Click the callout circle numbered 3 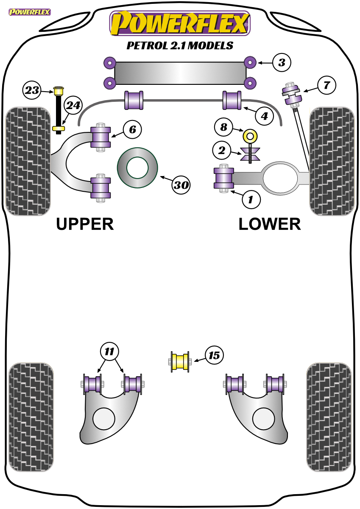(x=282, y=62)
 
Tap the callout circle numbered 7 (x=327, y=85)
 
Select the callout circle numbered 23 (x=32, y=90)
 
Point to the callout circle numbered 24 (x=73, y=105)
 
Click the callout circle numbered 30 (x=181, y=185)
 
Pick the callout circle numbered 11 (x=109, y=352)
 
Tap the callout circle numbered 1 (x=251, y=199)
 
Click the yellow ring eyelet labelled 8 (x=250, y=136)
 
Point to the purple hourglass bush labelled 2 (x=250, y=154)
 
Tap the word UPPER (x=85, y=224)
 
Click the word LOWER (x=270, y=224)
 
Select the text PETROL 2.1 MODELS (x=180, y=45)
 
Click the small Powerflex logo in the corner (x=30, y=12)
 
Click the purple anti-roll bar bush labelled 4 (x=232, y=100)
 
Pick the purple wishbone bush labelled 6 (x=100, y=137)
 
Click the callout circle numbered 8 (x=223, y=127)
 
